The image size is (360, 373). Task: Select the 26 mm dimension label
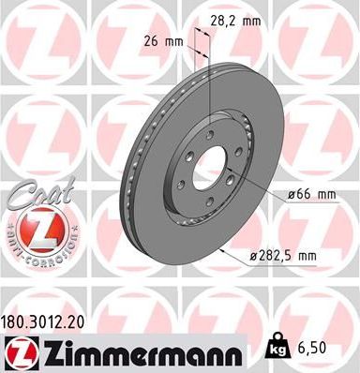(x=166, y=42)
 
